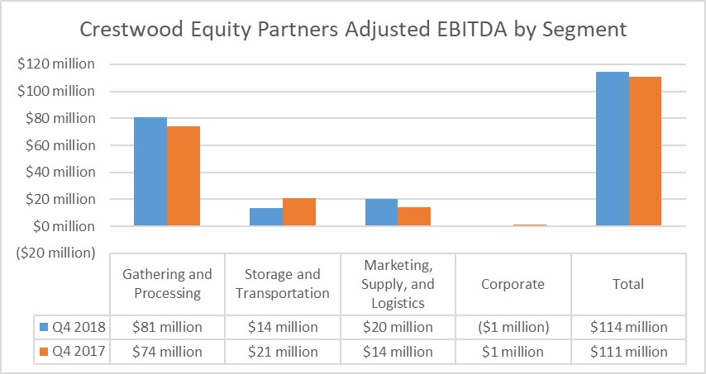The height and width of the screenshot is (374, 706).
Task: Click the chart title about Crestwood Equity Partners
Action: [353, 30]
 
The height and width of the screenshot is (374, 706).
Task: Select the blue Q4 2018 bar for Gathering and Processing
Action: [150, 172]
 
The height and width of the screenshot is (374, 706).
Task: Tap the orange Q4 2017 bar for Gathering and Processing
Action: [184, 176]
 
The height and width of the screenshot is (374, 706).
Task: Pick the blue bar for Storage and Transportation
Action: [266, 217]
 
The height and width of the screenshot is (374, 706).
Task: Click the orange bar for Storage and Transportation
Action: [299, 212]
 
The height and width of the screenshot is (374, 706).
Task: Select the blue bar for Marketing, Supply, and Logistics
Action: [381, 213]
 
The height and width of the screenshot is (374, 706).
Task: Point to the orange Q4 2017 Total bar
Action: [645, 151]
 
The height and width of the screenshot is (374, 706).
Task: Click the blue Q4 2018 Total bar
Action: [613, 149]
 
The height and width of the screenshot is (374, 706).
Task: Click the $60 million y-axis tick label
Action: [60, 145]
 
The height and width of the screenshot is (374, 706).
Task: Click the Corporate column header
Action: [513, 284]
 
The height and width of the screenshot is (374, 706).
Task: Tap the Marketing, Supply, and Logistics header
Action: [398, 284]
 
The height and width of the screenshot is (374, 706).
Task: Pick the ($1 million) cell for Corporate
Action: [513, 327]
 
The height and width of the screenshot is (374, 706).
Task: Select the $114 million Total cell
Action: [629, 327]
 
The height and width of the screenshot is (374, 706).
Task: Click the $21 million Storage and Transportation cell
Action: [283, 352]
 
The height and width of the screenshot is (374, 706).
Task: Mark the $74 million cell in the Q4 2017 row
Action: [167, 352]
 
